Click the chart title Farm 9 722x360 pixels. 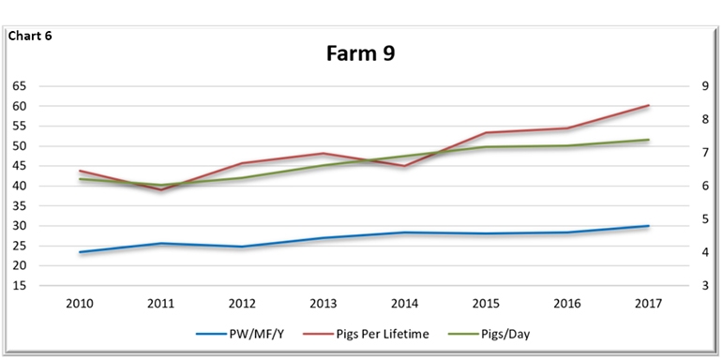[x=360, y=53]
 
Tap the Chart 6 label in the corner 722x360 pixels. [x=32, y=37]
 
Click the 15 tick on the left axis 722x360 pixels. [x=20, y=286]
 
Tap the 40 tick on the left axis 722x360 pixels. [x=20, y=186]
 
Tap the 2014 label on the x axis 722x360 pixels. [x=404, y=303]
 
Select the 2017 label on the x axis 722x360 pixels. [x=648, y=303]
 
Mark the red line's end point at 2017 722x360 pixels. [x=649, y=106]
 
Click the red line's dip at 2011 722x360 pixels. [x=160, y=190]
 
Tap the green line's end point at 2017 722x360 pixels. [x=649, y=140]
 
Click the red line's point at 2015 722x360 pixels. [x=486, y=133]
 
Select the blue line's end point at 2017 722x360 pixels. [x=649, y=226]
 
